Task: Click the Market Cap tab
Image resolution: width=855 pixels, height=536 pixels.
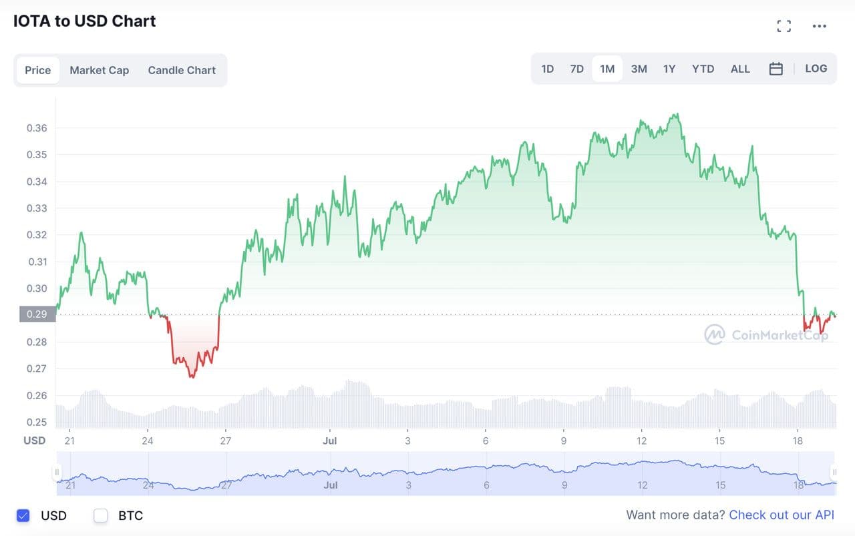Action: (x=99, y=70)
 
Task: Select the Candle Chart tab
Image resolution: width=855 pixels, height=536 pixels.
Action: (x=182, y=70)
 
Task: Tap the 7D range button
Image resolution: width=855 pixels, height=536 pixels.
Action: (x=577, y=69)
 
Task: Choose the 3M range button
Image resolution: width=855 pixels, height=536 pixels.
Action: (x=639, y=69)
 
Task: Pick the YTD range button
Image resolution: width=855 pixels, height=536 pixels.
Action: (x=703, y=69)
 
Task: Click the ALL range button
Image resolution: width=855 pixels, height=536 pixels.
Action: (x=740, y=69)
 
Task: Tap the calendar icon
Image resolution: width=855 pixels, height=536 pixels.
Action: (x=776, y=69)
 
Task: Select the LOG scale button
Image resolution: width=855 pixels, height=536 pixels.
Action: (x=816, y=69)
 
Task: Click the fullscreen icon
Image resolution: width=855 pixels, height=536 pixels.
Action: (x=784, y=26)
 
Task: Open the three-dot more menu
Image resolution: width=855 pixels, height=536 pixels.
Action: (x=820, y=26)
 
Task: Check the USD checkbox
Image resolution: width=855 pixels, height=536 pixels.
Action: (x=23, y=515)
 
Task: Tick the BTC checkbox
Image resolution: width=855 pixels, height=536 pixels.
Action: (x=101, y=515)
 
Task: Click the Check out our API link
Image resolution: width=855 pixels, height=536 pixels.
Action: (x=782, y=515)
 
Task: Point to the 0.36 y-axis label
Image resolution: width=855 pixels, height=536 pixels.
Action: (x=37, y=128)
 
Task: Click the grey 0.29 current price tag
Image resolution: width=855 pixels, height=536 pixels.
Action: (x=37, y=314)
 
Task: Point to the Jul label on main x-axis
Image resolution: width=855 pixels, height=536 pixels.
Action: (x=329, y=441)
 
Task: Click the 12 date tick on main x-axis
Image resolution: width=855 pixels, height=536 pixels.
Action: (x=641, y=441)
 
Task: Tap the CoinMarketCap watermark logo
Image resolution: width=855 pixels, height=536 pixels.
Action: (x=714, y=334)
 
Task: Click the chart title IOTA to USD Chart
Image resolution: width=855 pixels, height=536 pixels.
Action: (x=85, y=21)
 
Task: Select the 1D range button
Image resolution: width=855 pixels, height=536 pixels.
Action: (x=547, y=69)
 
